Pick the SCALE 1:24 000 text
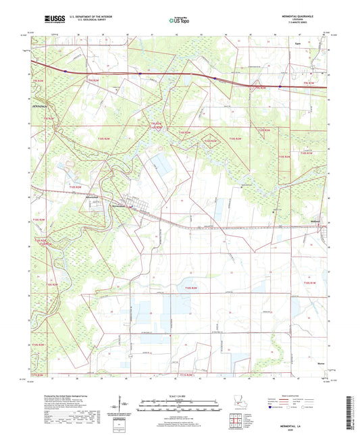coord(180,396)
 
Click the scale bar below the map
coord(180,404)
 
